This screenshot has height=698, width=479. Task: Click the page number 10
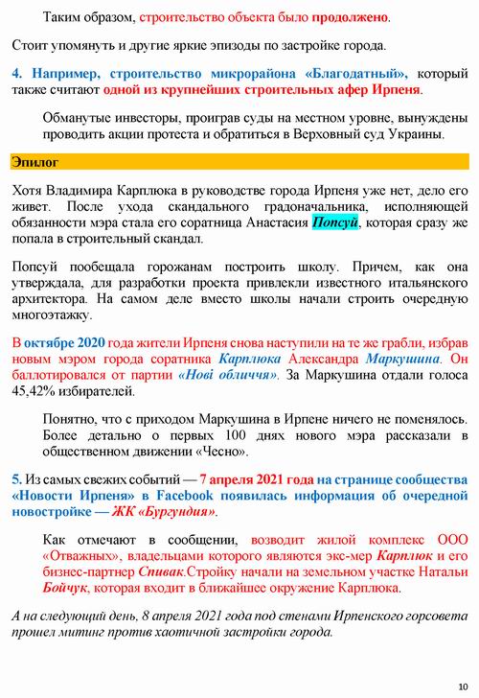point(464,685)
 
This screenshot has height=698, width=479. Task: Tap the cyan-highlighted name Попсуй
point(335,221)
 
